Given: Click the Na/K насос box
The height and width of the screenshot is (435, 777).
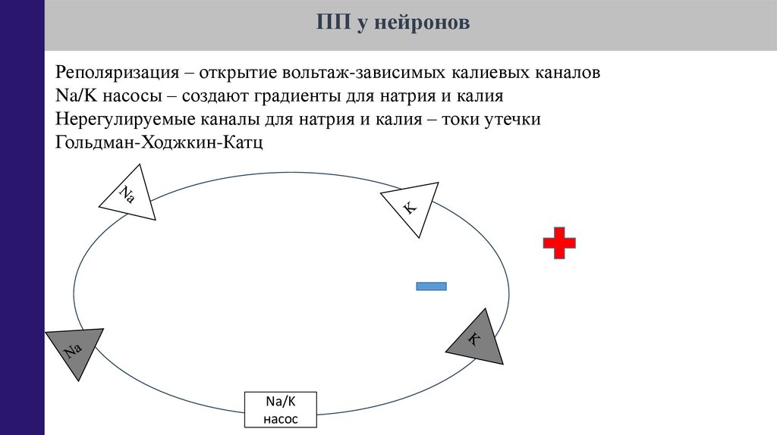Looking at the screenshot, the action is [281, 410].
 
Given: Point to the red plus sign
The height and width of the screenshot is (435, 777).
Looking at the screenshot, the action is [559, 243].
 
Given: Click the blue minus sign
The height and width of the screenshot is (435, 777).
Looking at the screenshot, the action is [431, 286].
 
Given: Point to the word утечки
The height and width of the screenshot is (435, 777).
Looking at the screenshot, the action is [514, 120].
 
